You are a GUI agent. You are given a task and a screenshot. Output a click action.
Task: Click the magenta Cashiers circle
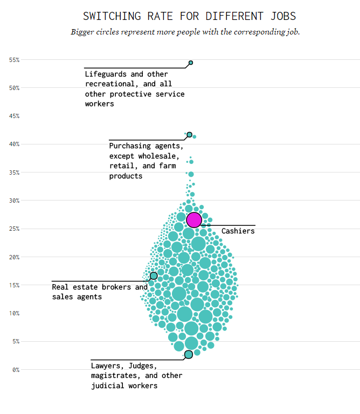click(x=194, y=219)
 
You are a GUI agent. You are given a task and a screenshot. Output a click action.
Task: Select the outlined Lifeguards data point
click(x=191, y=63)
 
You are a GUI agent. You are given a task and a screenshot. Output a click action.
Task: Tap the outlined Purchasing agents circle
click(x=189, y=134)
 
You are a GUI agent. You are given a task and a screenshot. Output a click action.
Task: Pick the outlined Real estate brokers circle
click(x=154, y=275)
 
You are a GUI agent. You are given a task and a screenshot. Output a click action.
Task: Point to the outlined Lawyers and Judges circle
click(x=188, y=354)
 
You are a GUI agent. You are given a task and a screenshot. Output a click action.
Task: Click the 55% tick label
click(x=14, y=60)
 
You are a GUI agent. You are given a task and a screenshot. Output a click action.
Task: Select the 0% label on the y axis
click(x=16, y=369)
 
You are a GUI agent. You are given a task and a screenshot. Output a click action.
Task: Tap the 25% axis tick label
click(x=14, y=229)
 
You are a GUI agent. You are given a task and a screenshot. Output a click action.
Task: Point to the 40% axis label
click(x=14, y=144)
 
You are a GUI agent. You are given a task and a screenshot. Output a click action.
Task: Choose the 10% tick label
click(x=14, y=313)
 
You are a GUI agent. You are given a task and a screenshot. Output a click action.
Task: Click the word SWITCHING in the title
click(x=112, y=16)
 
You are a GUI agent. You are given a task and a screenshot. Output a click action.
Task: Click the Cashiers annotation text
click(x=238, y=231)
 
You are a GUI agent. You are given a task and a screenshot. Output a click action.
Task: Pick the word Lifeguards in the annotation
click(x=107, y=74)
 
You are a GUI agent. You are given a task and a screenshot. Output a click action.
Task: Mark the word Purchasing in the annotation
click(x=131, y=146)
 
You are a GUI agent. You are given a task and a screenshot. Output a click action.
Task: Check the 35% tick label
click(x=14, y=172)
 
